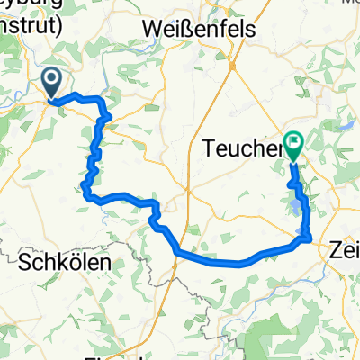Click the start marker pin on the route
tap(50, 84)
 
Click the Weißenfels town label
tap(199, 30)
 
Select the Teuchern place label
tap(242, 143)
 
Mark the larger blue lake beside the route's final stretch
tap(295, 208)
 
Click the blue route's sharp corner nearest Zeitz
tap(309, 238)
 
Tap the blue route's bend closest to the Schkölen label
tap(85, 188)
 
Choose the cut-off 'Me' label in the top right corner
tap(346, 4)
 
